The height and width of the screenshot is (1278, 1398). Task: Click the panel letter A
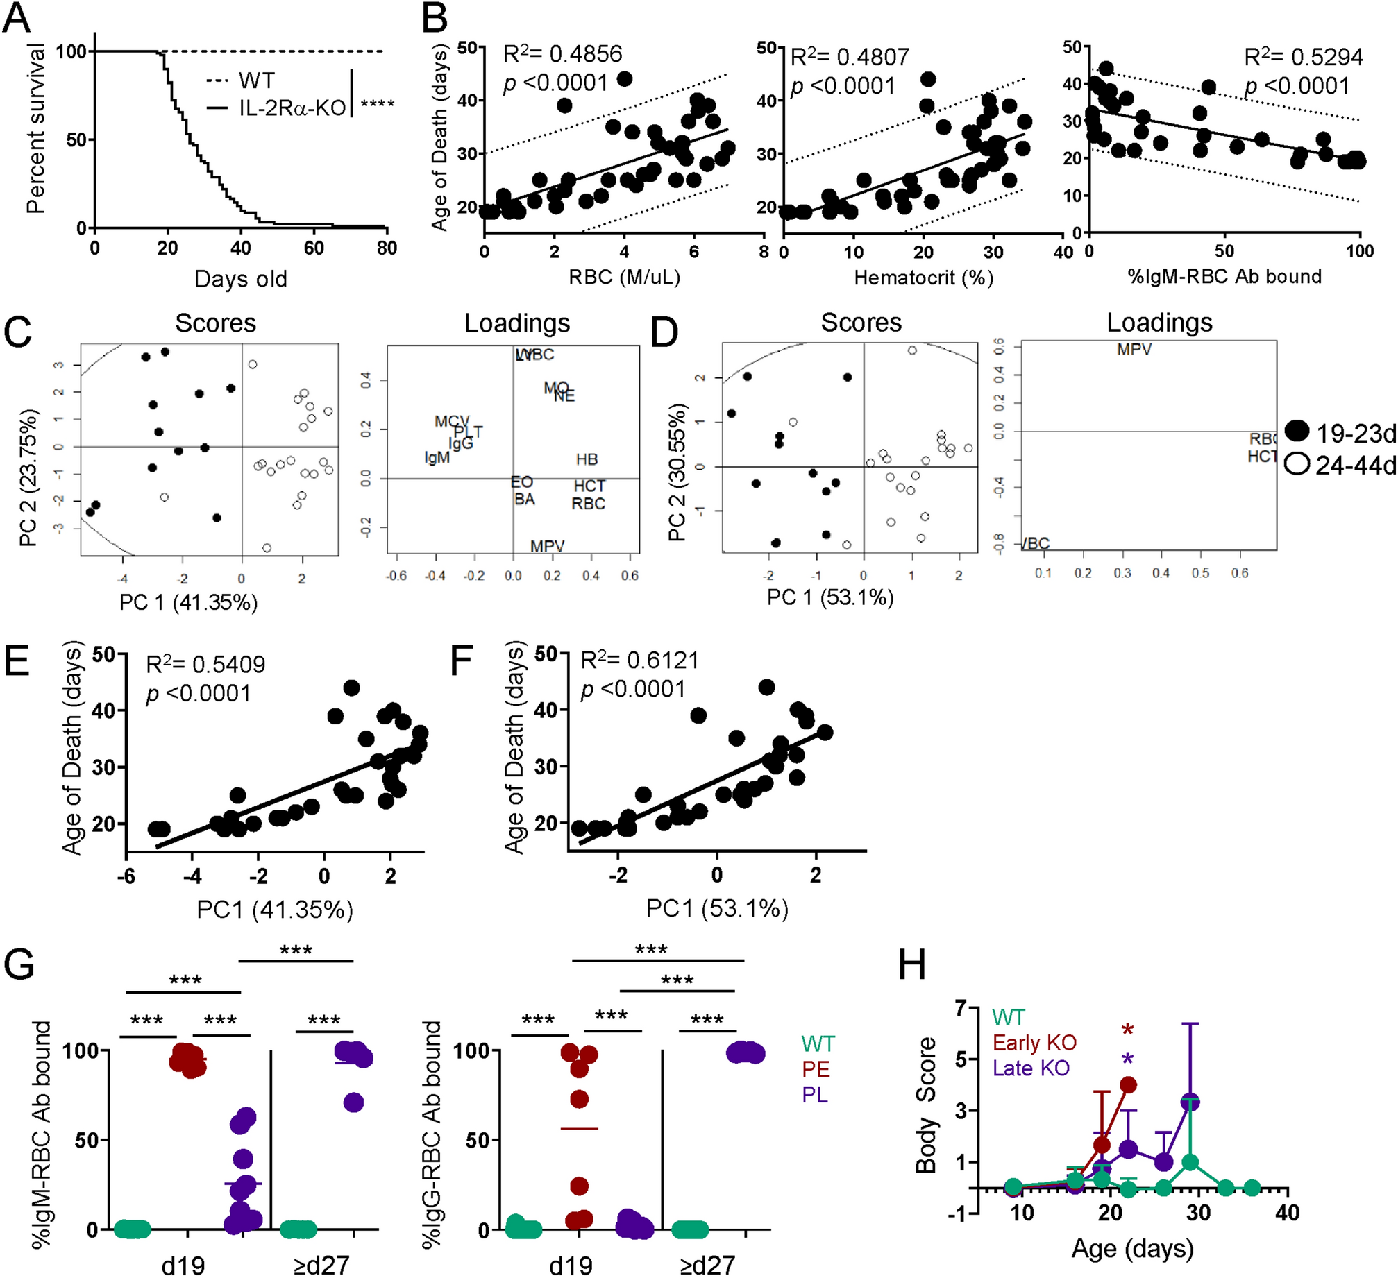click(17, 18)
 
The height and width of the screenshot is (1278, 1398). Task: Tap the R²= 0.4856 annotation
click(562, 54)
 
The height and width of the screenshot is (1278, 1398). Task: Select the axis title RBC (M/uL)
click(624, 278)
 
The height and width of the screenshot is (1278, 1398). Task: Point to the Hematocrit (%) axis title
click(923, 278)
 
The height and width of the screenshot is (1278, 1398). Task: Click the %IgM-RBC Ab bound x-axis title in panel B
click(1224, 277)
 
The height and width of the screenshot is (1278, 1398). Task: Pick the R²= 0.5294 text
click(1304, 57)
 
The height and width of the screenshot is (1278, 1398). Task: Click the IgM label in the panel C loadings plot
click(437, 458)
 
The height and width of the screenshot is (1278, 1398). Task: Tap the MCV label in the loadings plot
click(452, 422)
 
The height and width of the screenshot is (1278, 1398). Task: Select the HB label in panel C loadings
click(587, 459)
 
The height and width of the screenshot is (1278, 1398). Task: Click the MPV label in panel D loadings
click(1134, 350)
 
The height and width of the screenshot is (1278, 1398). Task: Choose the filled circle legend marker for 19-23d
click(1297, 432)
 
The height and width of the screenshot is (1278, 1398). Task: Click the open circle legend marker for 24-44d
click(1297, 463)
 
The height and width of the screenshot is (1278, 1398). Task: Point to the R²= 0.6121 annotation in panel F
click(639, 660)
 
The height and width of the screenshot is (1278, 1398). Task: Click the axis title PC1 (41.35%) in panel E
click(275, 909)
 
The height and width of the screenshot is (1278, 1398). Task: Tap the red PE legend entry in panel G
click(816, 1069)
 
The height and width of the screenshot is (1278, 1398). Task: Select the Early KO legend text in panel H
click(1034, 1043)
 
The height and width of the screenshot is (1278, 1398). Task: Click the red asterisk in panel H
click(1127, 1030)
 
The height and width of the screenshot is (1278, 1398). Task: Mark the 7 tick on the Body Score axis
click(961, 1007)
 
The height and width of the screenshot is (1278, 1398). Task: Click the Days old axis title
click(240, 279)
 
